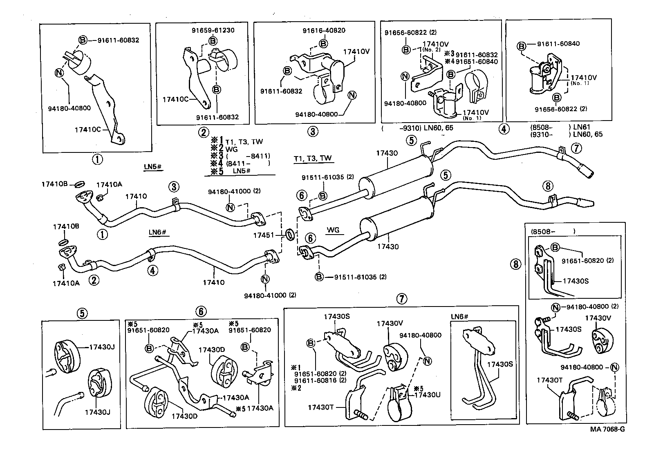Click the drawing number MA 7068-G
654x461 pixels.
tap(607, 429)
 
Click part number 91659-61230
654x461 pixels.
tap(213, 30)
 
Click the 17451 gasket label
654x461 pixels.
tap(263, 235)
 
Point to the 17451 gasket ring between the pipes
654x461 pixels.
tap(289, 235)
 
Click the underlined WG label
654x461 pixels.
tap(333, 230)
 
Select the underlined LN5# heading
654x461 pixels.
tap(153, 167)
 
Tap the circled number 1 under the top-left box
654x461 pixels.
tap(97, 159)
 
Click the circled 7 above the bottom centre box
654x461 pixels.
tap(401, 299)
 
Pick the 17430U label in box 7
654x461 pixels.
tap(427, 395)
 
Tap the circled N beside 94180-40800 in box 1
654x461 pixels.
tap(58, 73)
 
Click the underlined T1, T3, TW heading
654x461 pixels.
tap(312, 159)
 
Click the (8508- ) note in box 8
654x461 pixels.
tap(553, 231)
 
